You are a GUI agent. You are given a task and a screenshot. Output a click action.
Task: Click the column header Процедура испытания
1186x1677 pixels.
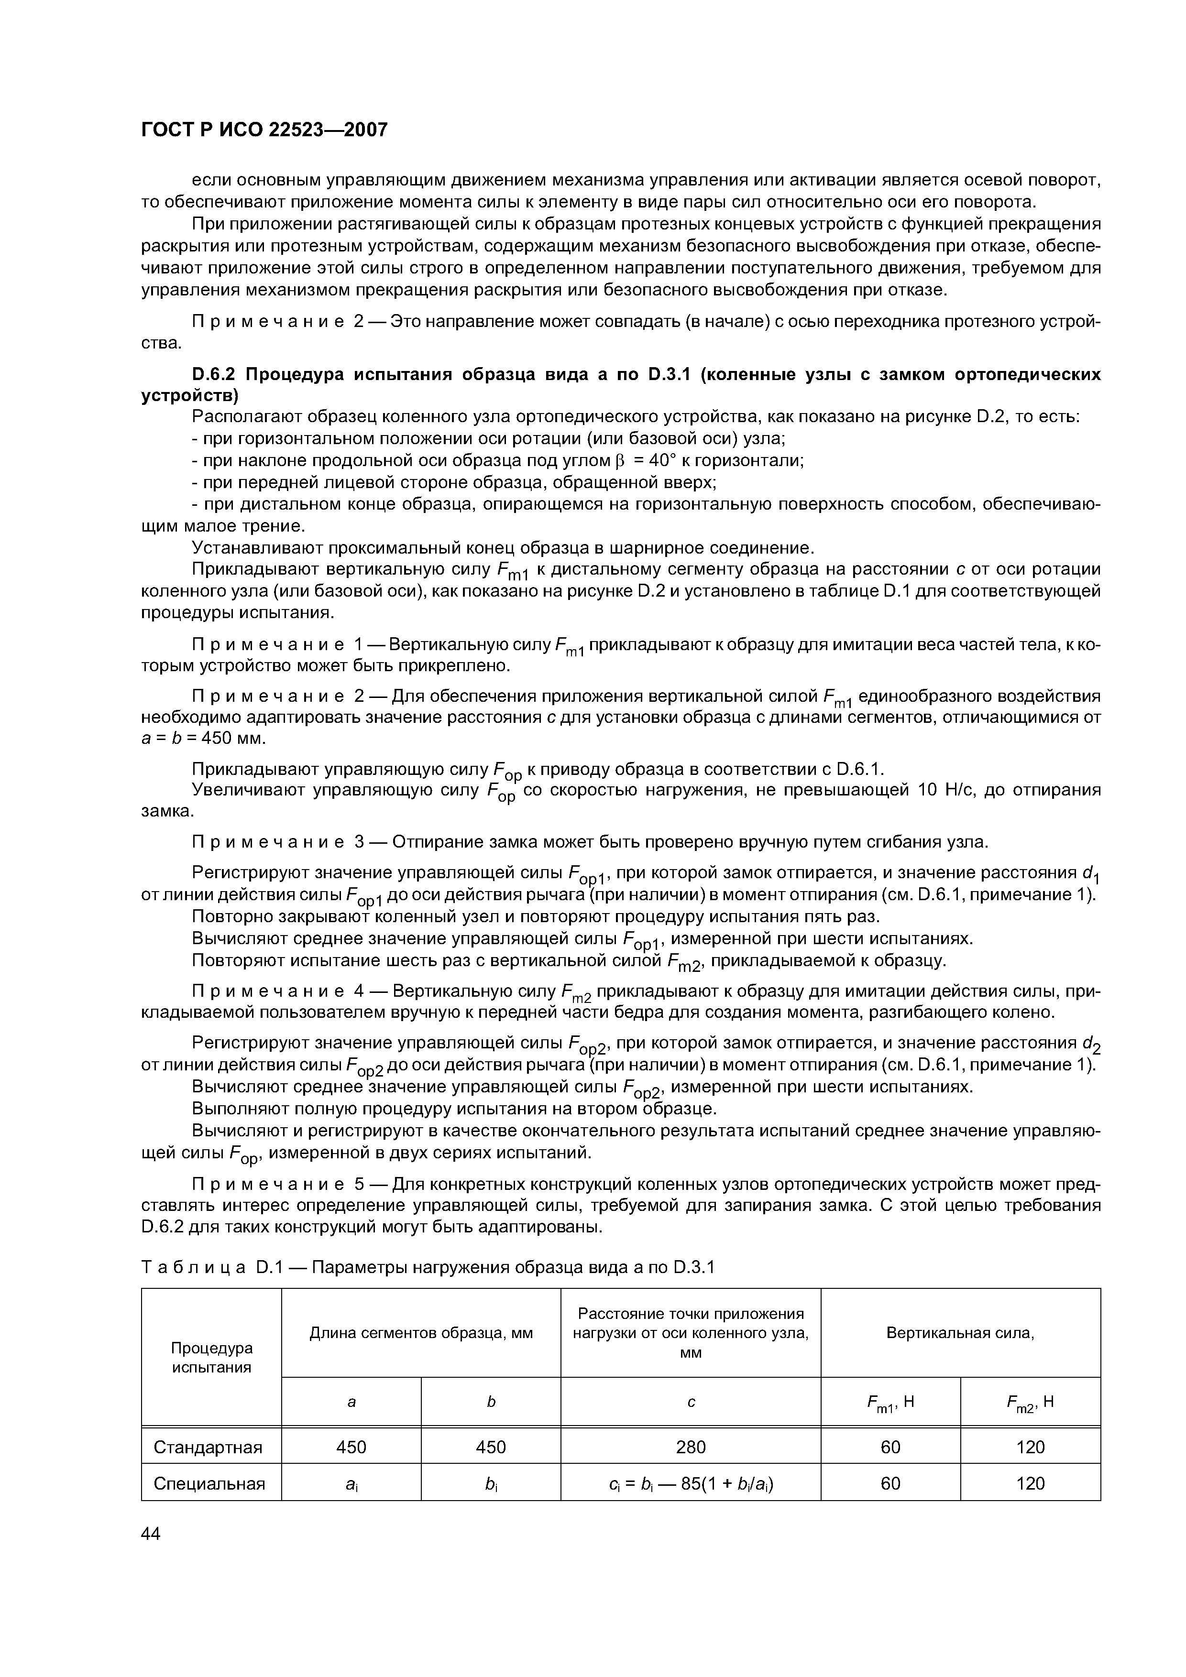pos(211,1357)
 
